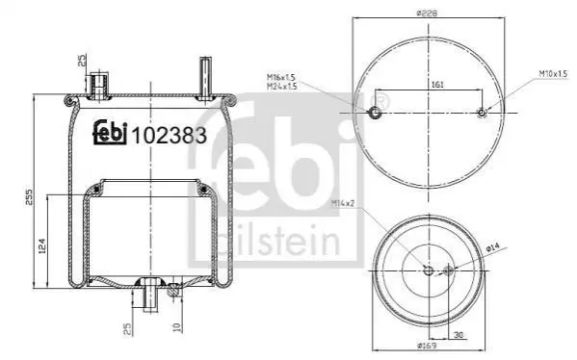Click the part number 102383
pyautogui.click(x=170, y=136)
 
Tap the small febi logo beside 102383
pyautogui.click(x=110, y=133)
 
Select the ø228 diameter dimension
pyautogui.click(x=427, y=13)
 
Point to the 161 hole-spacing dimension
pyautogui.click(x=436, y=84)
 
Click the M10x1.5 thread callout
pyautogui.click(x=554, y=73)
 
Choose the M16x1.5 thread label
pyautogui.click(x=281, y=77)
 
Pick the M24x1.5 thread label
pyautogui.click(x=281, y=87)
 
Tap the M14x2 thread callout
pyautogui.click(x=342, y=202)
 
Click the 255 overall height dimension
pyautogui.click(x=29, y=197)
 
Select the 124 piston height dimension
pyautogui.click(x=42, y=245)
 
